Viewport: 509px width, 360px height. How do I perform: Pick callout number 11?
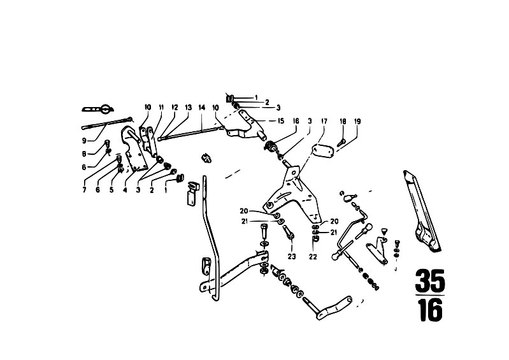(162, 107)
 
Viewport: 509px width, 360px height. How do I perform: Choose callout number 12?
(175, 107)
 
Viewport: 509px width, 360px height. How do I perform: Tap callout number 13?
(188, 107)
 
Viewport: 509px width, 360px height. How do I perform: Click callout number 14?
(201, 107)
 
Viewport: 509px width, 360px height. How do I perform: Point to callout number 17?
(324, 120)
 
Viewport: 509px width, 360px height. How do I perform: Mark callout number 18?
(343, 120)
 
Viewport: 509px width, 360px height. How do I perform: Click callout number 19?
(357, 120)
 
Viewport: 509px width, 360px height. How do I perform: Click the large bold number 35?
(429, 280)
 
